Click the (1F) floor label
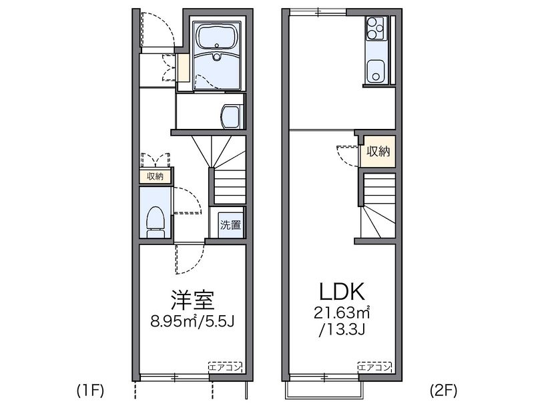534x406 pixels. (x=89, y=389)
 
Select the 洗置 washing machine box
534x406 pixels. (x=231, y=224)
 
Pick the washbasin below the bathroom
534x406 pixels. (x=230, y=116)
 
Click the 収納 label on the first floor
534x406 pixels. (x=156, y=176)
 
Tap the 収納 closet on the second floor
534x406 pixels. (x=377, y=152)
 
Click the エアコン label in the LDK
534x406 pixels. (x=374, y=367)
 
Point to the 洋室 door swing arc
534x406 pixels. (x=189, y=260)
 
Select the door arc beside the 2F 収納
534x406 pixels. (x=347, y=156)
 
